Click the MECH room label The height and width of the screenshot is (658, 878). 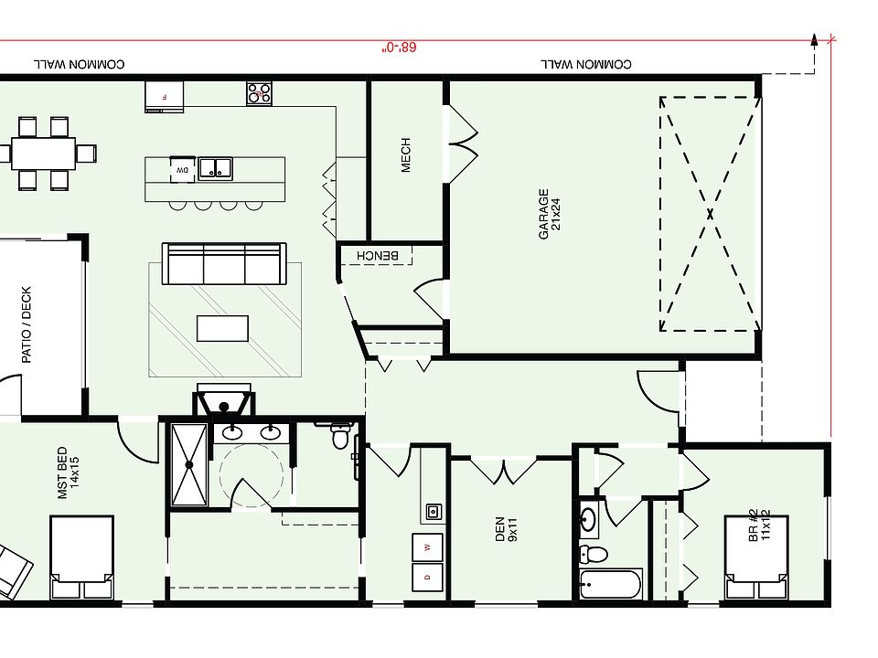click(x=406, y=155)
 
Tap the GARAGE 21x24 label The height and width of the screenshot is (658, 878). click(x=549, y=214)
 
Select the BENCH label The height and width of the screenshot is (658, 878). click(x=377, y=255)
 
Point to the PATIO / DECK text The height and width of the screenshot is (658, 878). click(x=27, y=325)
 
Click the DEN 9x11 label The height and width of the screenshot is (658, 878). click(x=507, y=530)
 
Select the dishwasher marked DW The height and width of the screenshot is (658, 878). click(x=181, y=169)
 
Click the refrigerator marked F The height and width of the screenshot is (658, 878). click(x=165, y=96)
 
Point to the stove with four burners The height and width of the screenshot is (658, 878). click(x=259, y=92)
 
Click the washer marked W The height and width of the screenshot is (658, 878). click(x=427, y=547)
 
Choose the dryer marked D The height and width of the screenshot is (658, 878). click(x=427, y=579)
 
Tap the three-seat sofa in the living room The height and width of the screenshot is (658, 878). click(x=223, y=264)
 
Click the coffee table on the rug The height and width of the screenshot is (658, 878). click(x=223, y=328)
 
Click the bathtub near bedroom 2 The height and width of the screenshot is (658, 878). click(x=611, y=584)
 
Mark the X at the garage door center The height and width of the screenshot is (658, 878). click(x=710, y=214)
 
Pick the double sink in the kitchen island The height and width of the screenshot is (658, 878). click(x=216, y=167)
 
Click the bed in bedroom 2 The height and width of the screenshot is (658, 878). click(x=755, y=558)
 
